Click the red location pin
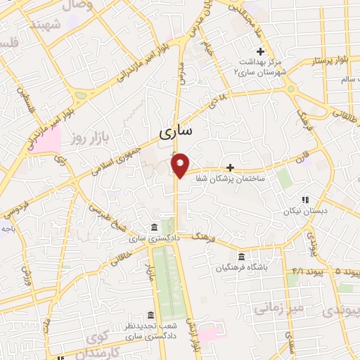click(181, 165)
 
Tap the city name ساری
click(179, 131)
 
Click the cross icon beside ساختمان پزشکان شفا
click(230, 167)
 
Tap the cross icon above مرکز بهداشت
click(261, 51)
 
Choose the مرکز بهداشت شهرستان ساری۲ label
click(261, 67)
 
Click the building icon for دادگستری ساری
click(153, 226)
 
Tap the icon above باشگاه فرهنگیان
click(241, 256)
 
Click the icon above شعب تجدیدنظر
click(150, 314)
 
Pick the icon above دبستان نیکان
click(304, 199)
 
